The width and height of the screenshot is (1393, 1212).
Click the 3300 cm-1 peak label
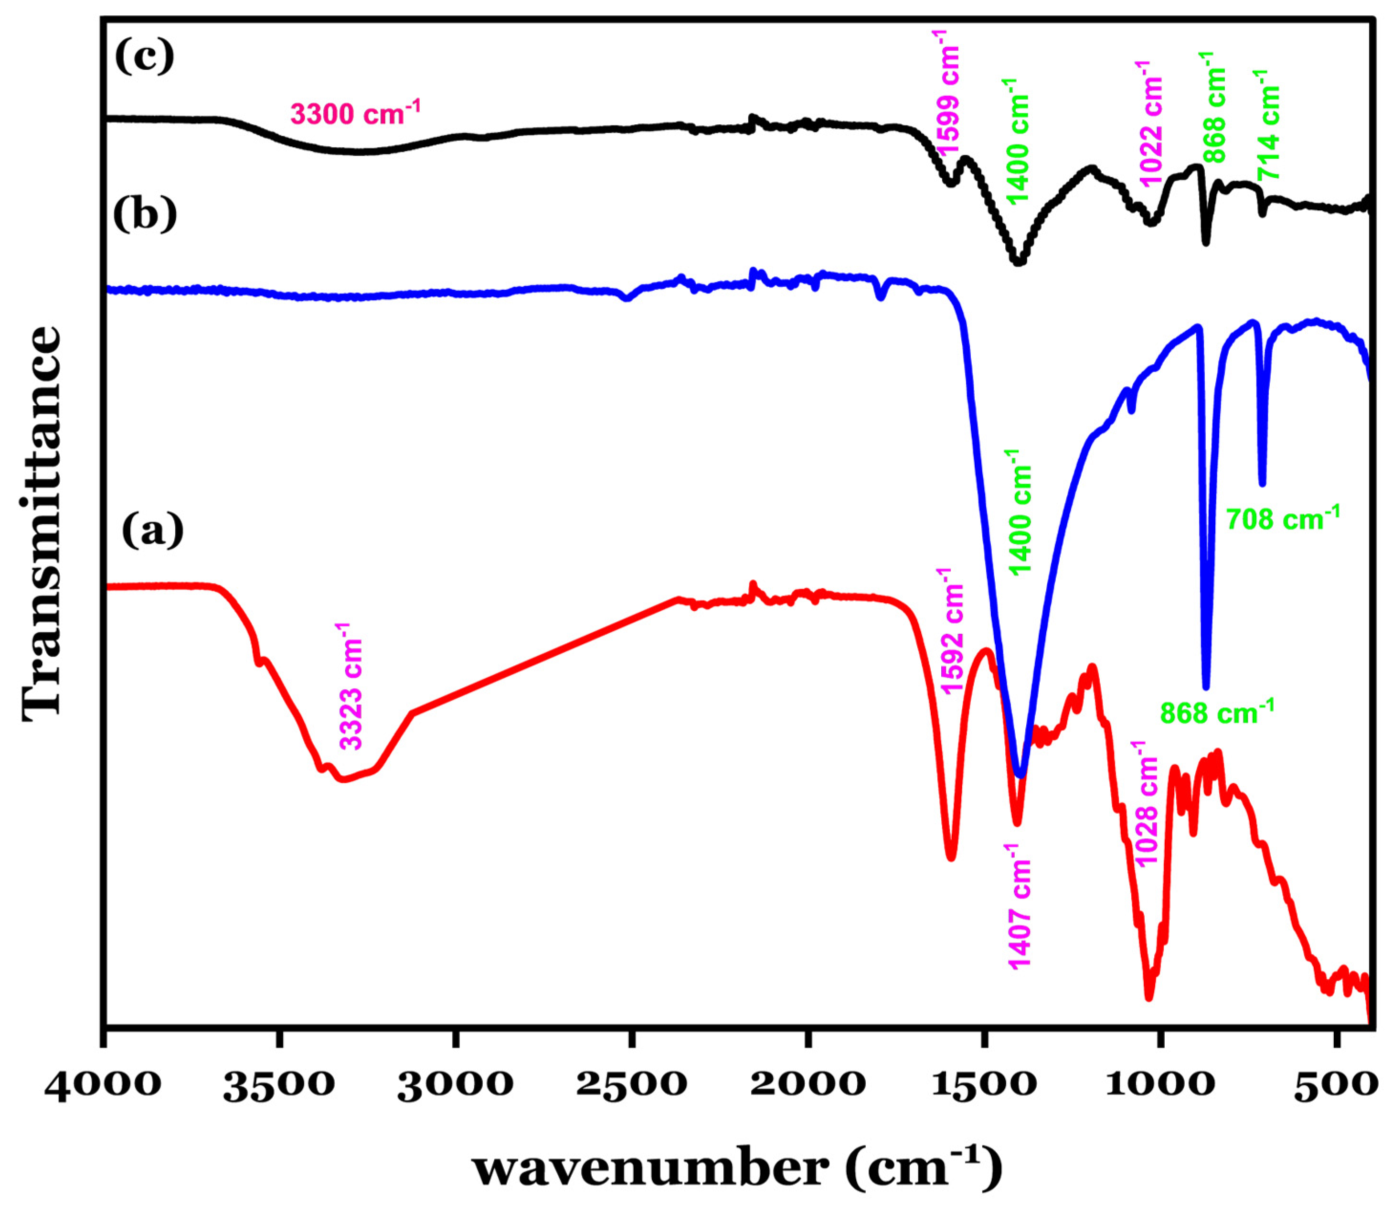coord(355,112)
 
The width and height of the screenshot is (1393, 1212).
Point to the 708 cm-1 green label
coord(1282,519)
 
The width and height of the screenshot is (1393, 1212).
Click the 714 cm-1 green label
coord(1268,125)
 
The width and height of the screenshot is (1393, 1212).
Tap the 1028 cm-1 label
coord(1148,803)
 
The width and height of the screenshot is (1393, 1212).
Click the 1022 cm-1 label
coord(1150,123)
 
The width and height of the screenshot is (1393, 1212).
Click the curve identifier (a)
coord(152,531)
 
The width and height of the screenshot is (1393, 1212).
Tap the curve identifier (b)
coord(145,215)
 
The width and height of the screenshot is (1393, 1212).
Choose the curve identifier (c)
coord(144,56)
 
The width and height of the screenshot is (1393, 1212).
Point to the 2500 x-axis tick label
coord(631,1085)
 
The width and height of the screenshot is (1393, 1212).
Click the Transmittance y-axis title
coord(42,524)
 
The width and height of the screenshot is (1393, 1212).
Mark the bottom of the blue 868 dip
coord(1206,686)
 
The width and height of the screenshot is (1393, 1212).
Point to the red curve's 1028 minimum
coord(1148,997)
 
